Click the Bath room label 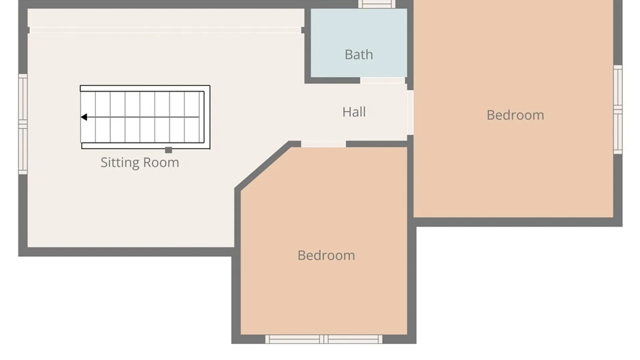coord(359,55)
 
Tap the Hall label coord(354,112)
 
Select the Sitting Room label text coord(140,163)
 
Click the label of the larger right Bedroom coord(515,115)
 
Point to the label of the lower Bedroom coord(326,255)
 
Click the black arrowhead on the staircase coord(84,117)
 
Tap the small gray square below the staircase coord(169,150)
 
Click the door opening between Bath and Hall coord(382,80)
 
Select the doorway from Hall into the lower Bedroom coord(323,144)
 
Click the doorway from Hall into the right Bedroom coord(410,112)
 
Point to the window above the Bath coord(377,4)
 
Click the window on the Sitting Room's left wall coord(23,124)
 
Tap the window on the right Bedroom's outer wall coord(618,110)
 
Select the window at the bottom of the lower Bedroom coord(324,339)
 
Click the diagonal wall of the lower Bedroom coord(262,165)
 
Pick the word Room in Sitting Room coord(161,163)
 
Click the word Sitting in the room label coord(120,163)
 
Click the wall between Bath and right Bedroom coord(410,45)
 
